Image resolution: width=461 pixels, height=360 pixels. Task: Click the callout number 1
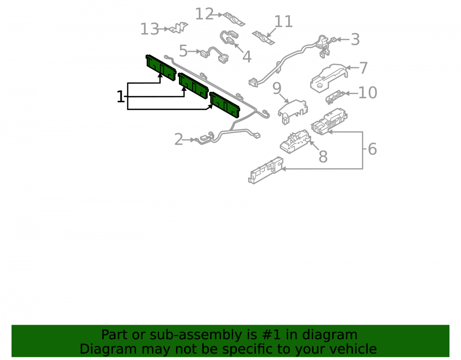(120, 97)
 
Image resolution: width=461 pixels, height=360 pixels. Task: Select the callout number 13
(150, 29)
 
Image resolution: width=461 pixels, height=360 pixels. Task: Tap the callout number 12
(204, 14)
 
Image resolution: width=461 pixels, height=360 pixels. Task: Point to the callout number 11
(284, 22)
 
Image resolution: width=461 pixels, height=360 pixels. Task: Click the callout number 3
(355, 39)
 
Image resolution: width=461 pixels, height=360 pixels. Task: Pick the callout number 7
(364, 68)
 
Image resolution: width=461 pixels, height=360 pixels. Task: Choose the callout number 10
(368, 93)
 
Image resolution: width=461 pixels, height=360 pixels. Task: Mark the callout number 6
(372, 149)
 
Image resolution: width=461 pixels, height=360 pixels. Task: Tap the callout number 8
(323, 156)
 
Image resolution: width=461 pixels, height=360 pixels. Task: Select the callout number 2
(179, 139)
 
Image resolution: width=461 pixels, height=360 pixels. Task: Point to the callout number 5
(183, 51)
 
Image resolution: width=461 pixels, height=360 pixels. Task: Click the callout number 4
(247, 57)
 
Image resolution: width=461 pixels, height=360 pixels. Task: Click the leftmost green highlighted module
(161, 68)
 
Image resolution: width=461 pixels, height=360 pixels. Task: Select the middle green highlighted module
(194, 86)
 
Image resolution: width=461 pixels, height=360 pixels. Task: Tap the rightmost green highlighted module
(225, 105)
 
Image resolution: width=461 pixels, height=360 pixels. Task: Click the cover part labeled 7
(329, 78)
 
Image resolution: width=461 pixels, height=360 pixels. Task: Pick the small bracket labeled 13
(178, 28)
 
